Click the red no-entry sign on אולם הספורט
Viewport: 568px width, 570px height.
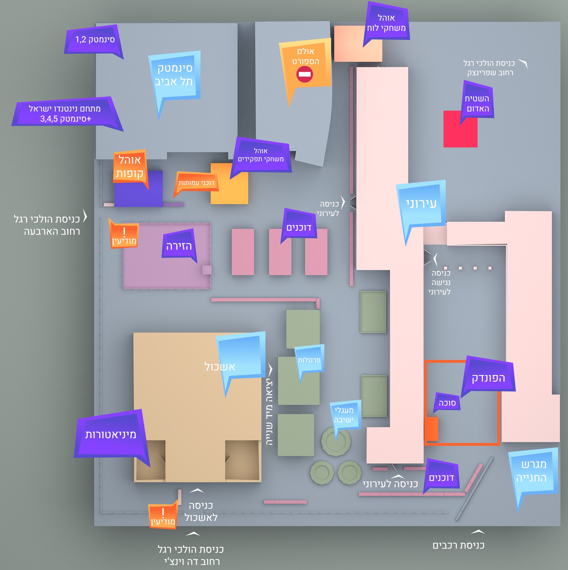305,74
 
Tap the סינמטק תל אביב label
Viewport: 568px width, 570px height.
174,75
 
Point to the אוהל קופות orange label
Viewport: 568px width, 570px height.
130,166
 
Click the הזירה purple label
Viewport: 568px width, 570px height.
179,246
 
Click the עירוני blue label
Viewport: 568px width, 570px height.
421,204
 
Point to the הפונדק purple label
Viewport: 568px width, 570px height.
488,378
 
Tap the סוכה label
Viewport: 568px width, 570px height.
447,403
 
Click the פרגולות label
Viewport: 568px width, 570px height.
309,360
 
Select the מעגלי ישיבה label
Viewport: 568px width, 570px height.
344,415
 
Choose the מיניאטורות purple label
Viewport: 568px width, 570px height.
110,435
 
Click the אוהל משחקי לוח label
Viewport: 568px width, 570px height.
386,23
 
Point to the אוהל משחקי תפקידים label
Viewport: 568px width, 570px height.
261,155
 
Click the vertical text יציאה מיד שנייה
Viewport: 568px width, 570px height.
269,413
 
